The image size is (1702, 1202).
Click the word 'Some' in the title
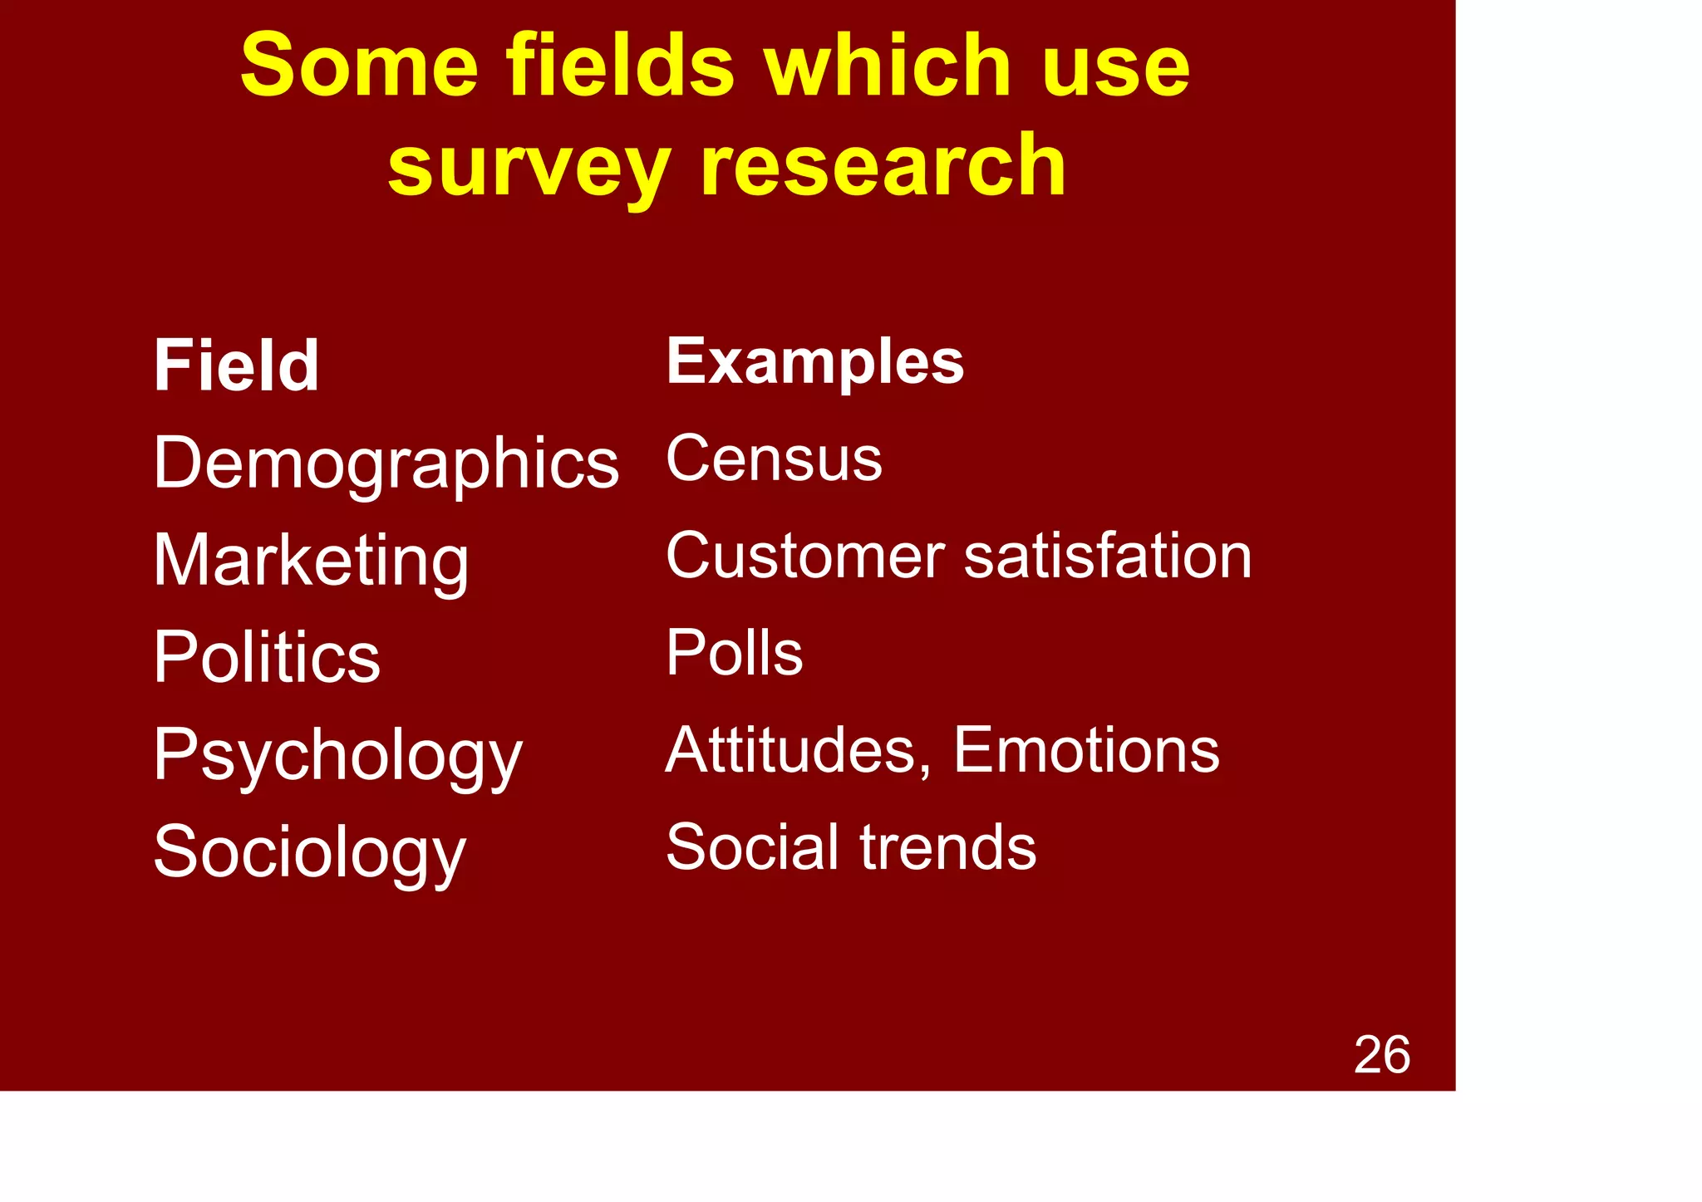(359, 66)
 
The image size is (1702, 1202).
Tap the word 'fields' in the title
(620, 66)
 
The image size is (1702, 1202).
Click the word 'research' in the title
(883, 166)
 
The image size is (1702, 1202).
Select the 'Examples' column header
(815, 362)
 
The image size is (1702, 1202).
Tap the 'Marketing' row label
(312, 562)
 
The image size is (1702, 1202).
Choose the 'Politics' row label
(267, 658)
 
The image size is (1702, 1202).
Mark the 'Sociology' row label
(310, 853)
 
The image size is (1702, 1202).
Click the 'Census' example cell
(774, 459)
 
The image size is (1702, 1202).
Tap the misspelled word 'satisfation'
(1108, 556)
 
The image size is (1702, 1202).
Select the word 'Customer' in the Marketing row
(805, 556)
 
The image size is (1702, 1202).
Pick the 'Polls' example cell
(735, 653)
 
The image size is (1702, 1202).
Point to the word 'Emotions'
(1086, 750)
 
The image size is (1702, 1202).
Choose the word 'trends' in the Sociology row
(948, 847)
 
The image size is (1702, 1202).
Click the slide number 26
(1382, 1055)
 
